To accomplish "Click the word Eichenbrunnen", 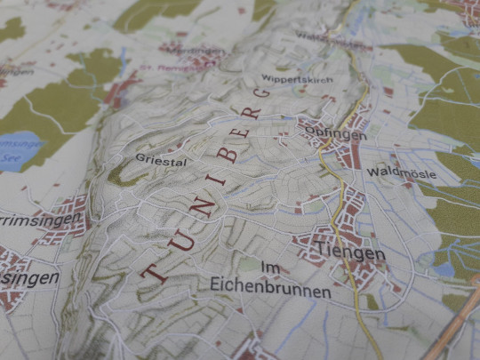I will [271, 292].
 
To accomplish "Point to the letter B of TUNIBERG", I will [228, 155].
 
